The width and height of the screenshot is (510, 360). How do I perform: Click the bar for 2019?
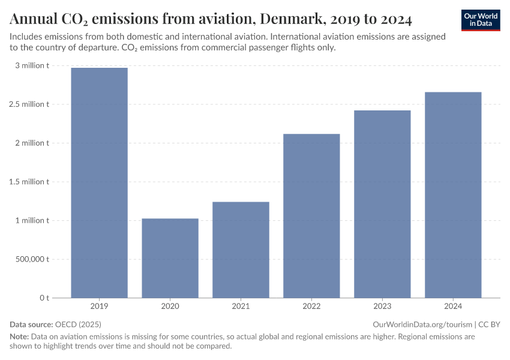99,183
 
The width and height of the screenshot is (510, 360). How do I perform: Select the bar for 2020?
170,258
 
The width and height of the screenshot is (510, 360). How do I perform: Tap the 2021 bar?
241,250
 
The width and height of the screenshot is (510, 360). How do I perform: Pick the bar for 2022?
311,216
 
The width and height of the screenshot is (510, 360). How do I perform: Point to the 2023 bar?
382,204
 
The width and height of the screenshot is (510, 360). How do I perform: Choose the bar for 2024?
453,195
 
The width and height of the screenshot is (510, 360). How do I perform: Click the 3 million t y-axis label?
32,65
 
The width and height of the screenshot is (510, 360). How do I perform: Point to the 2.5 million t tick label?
29,104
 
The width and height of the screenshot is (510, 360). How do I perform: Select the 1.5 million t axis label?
29,182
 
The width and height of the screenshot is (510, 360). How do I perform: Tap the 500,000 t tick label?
31,259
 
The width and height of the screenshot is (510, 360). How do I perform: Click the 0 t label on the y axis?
44,298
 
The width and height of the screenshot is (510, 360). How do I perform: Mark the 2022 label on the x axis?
311,307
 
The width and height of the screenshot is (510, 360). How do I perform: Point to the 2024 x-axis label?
453,307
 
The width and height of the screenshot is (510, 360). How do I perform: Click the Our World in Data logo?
481,20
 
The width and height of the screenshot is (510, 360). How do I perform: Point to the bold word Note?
19,337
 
